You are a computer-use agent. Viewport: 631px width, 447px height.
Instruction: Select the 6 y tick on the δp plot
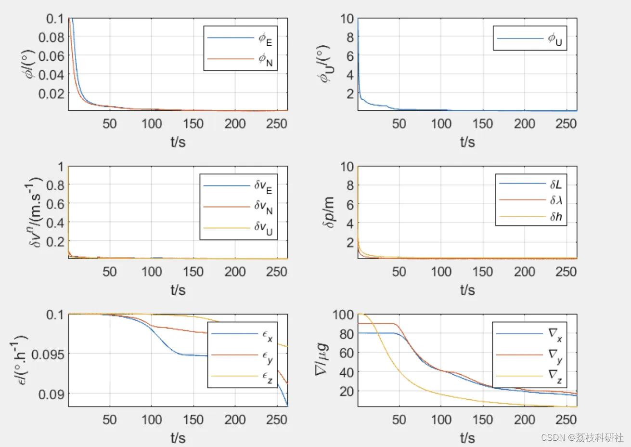coord(348,204)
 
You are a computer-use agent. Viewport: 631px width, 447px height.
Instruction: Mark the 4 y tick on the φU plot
coord(348,75)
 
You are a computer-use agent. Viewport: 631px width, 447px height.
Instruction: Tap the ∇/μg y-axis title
coord(322,359)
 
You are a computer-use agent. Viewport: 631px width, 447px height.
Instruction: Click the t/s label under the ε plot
coord(178,437)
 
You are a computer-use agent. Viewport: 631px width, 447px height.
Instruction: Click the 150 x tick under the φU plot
coord(482,124)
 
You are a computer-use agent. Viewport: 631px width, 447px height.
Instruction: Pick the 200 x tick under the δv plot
coord(235,272)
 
